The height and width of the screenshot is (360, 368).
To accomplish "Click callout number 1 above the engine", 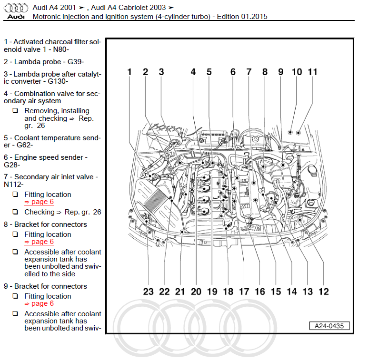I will coord(129,72).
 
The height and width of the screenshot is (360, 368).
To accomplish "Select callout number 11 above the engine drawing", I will coord(312,72).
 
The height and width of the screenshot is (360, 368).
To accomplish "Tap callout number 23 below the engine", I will coord(149,291).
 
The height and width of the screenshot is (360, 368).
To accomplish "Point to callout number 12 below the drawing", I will coord(324,291).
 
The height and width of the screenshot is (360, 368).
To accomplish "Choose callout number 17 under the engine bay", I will coord(244,291).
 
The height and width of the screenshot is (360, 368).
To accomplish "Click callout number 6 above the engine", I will coord(233,72).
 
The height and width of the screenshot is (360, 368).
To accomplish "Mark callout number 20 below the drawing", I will coord(196,291).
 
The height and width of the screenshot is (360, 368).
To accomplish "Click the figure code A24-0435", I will coord(329,326).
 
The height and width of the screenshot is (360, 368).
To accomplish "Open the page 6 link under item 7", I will coord(39,202).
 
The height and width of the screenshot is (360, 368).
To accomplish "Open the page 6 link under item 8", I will coord(39,242).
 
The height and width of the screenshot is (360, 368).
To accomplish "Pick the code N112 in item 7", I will coord(13,184).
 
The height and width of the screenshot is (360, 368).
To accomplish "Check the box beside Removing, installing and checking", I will coord(16,111).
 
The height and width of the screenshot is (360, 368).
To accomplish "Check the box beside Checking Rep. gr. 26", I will coord(16,212).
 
